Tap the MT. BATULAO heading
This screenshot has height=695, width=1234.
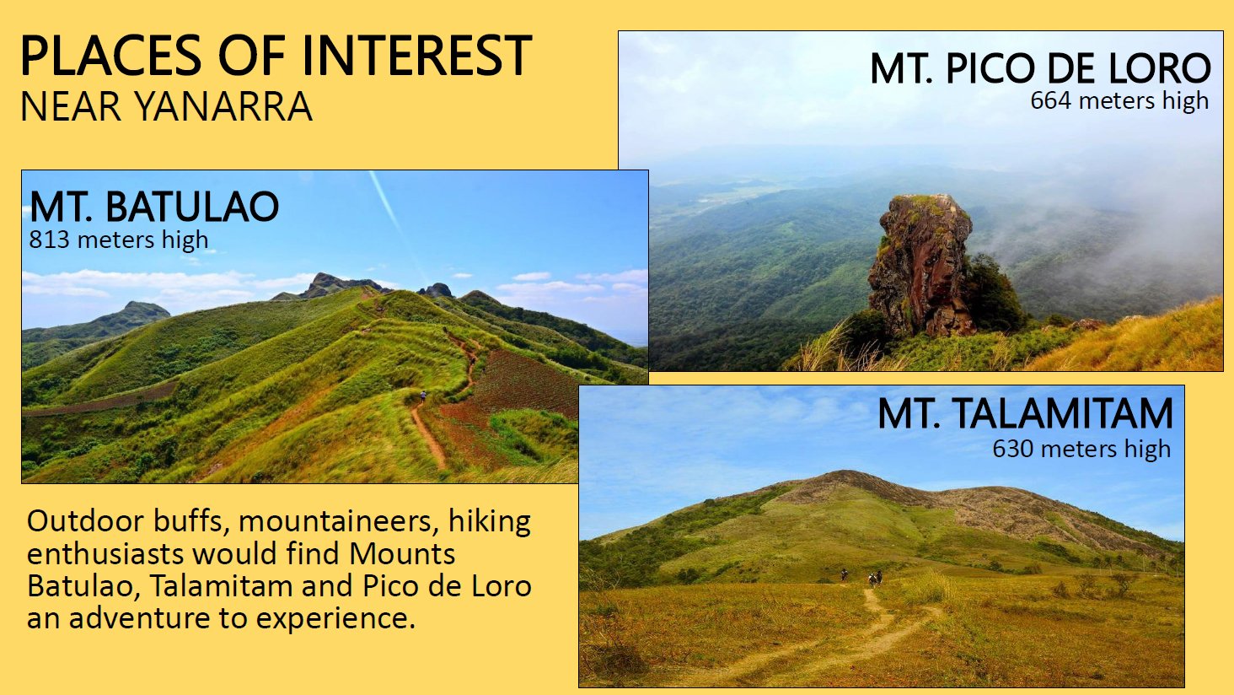pos(154,207)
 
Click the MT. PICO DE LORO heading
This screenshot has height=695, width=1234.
pos(1040,68)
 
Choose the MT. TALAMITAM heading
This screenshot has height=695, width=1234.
pos(1025,413)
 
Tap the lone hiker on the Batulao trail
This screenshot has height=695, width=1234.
pos(422,396)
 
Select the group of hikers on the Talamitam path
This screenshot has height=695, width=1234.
pos(862,577)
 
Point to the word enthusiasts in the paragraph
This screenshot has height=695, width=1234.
pos(105,553)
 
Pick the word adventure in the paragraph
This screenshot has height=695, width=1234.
pos(139,618)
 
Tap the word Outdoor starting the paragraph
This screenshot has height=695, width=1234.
pos(85,521)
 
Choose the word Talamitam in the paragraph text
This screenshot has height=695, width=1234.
pos(221,586)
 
